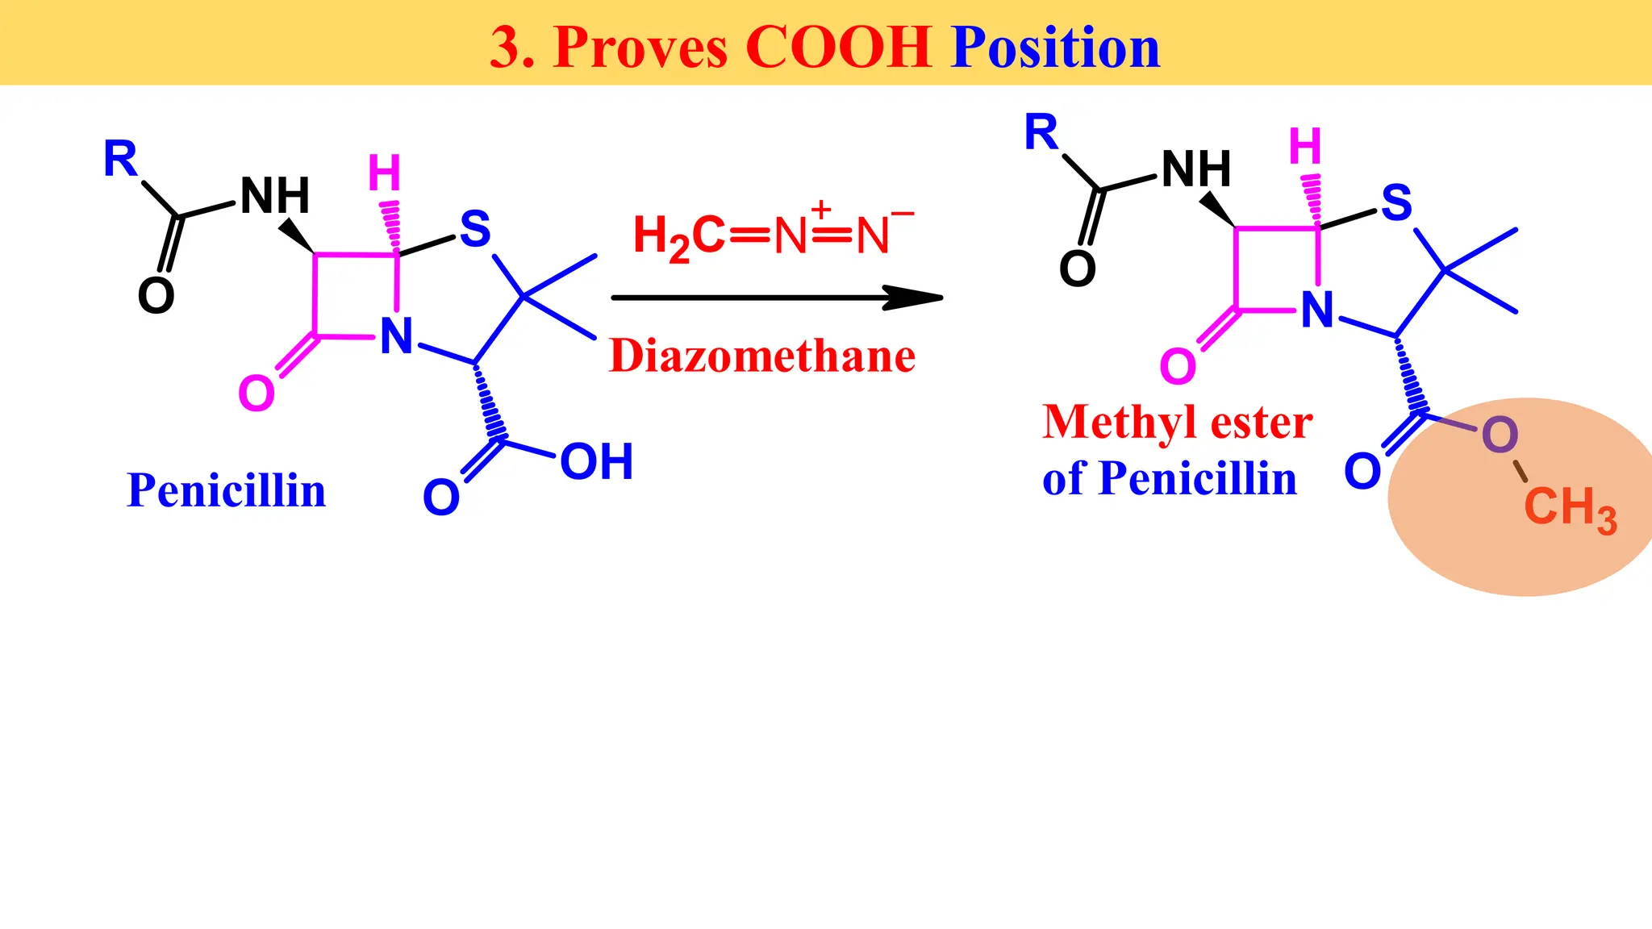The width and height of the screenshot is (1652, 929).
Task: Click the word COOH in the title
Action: (839, 47)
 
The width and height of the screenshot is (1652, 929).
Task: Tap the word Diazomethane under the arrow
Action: (762, 356)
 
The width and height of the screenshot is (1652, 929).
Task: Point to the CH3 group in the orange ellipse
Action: (1570, 510)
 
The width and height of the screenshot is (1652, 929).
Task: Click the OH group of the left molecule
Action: (597, 461)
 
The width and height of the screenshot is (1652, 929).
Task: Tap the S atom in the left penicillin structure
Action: (475, 228)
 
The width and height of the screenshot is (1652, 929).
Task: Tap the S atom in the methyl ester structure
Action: (1397, 202)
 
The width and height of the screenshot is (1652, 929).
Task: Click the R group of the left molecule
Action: (120, 158)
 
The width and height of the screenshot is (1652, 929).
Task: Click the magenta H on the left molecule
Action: (384, 173)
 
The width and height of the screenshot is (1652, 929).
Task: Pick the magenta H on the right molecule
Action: (1305, 146)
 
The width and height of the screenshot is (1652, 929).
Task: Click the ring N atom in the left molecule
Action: (397, 336)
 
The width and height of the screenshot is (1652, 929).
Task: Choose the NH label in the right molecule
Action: (1196, 169)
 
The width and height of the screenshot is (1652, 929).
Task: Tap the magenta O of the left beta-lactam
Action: (257, 394)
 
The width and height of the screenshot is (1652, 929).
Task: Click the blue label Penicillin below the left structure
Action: (227, 490)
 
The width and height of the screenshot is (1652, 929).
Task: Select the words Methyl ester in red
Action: (1178, 423)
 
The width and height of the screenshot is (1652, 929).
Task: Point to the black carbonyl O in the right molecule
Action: (1078, 269)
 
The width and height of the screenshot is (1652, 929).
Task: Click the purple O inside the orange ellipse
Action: (1500, 435)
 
